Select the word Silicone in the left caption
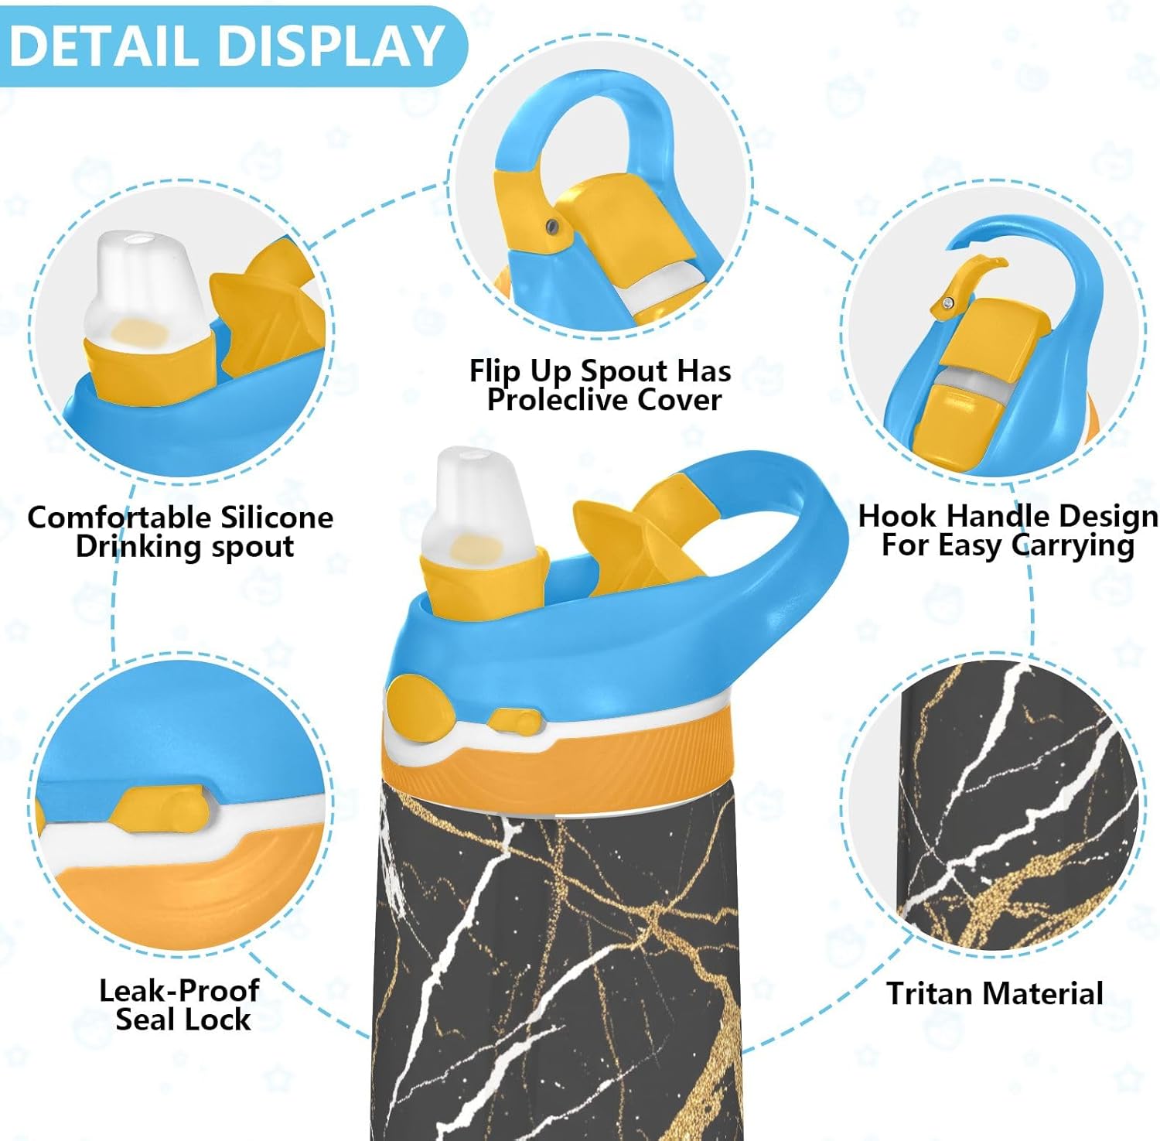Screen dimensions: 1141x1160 (277, 517)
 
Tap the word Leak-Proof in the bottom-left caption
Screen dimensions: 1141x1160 (179, 990)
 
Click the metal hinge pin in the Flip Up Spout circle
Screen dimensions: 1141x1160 (551, 225)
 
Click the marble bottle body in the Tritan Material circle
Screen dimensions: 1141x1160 (1013, 812)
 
